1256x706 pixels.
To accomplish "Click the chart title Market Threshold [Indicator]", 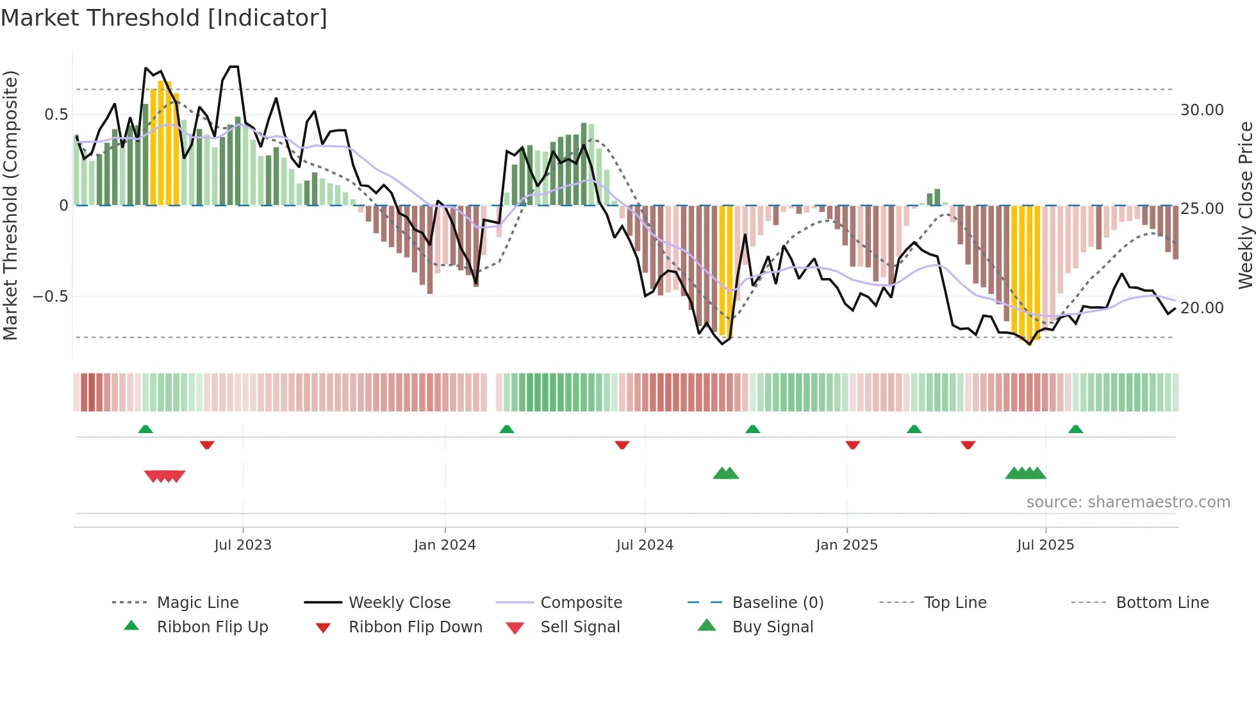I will (164, 18).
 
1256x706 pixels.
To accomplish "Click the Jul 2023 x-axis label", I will (243, 545).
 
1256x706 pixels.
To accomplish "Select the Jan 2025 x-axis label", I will (847, 545).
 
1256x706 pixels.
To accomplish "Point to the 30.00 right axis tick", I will (1202, 110).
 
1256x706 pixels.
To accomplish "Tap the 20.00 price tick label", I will (1202, 308).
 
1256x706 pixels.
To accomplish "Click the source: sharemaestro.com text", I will (1128, 502).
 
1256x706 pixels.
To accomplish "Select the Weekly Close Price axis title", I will (1245, 205).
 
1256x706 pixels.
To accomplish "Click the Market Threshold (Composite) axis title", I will (11, 205).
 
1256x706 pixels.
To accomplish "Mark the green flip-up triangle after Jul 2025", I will (1075, 429).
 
